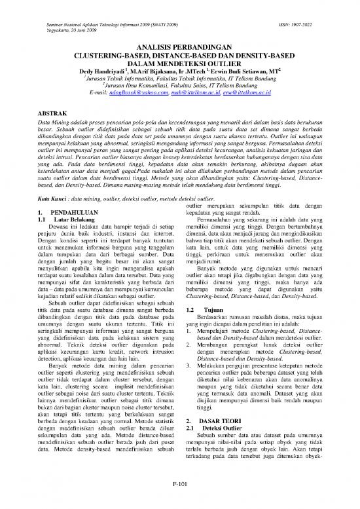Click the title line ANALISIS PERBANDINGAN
click(x=180, y=48)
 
